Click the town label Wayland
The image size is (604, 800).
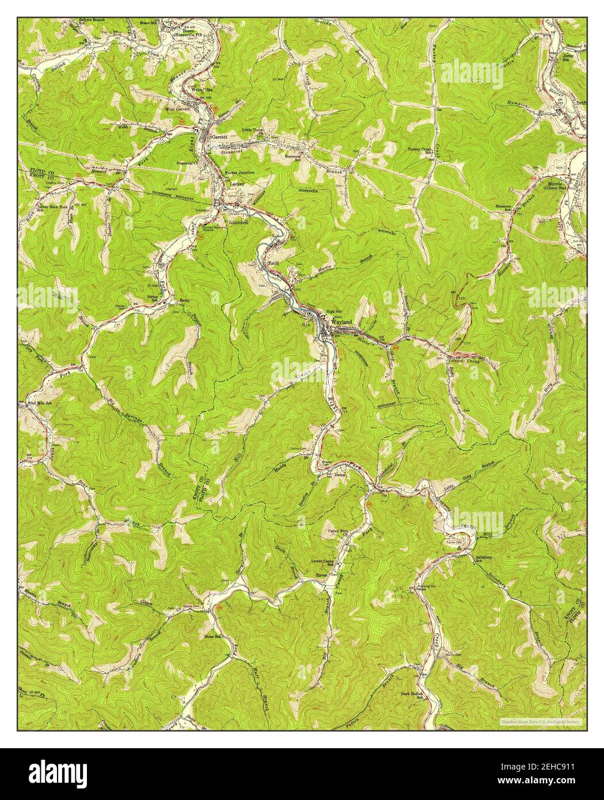(x=342, y=322)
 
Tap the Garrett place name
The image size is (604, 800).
(x=220, y=138)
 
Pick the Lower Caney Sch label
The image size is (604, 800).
(x=322, y=561)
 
